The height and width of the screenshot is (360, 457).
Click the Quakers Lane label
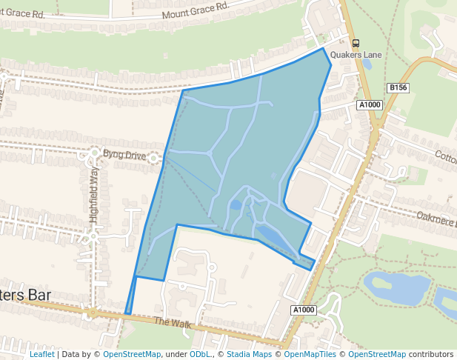[x=356, y=54]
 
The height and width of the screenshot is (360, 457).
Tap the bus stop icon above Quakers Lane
[x=356, y=43]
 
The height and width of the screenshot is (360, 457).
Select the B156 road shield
[x=398, y=88]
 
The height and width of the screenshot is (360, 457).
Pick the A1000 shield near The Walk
[x=303, y=310]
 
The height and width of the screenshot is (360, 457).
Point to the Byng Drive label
[x=125, y=155]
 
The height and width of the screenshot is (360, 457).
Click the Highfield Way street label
[x=93, y=195]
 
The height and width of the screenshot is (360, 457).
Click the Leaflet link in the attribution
[x=41, y=354]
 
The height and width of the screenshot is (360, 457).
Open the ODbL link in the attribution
[x=199, y=354]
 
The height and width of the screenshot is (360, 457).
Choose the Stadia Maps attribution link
[x=248, y=354]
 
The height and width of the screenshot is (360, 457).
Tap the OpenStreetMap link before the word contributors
[x=377, y=354]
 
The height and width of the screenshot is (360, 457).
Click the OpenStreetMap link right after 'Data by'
[x=132, y=354]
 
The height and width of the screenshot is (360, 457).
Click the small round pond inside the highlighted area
[x=236, y=204]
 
